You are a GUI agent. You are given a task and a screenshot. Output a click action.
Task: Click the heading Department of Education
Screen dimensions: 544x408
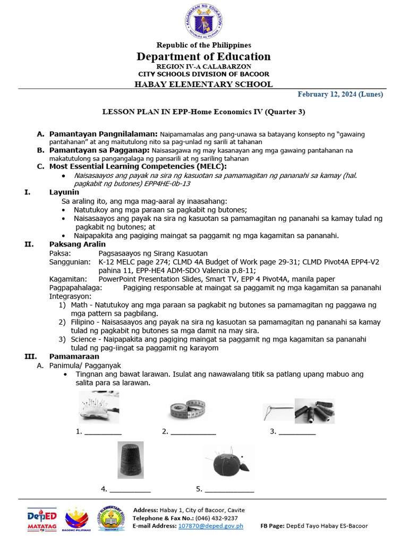(x=203, y=56)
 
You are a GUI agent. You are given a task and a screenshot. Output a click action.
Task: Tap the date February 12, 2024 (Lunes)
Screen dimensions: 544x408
(x=340, y=95)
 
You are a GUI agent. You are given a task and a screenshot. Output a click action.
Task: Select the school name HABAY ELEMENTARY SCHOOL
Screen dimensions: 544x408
(x=203, y=84)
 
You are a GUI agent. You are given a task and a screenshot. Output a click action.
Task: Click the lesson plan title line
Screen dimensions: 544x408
(x=203, y=112)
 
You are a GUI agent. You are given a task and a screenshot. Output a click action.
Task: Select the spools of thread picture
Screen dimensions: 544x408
(x=315, y=411)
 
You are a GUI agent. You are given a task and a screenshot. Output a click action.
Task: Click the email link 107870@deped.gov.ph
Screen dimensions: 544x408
(x=210, y=526)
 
